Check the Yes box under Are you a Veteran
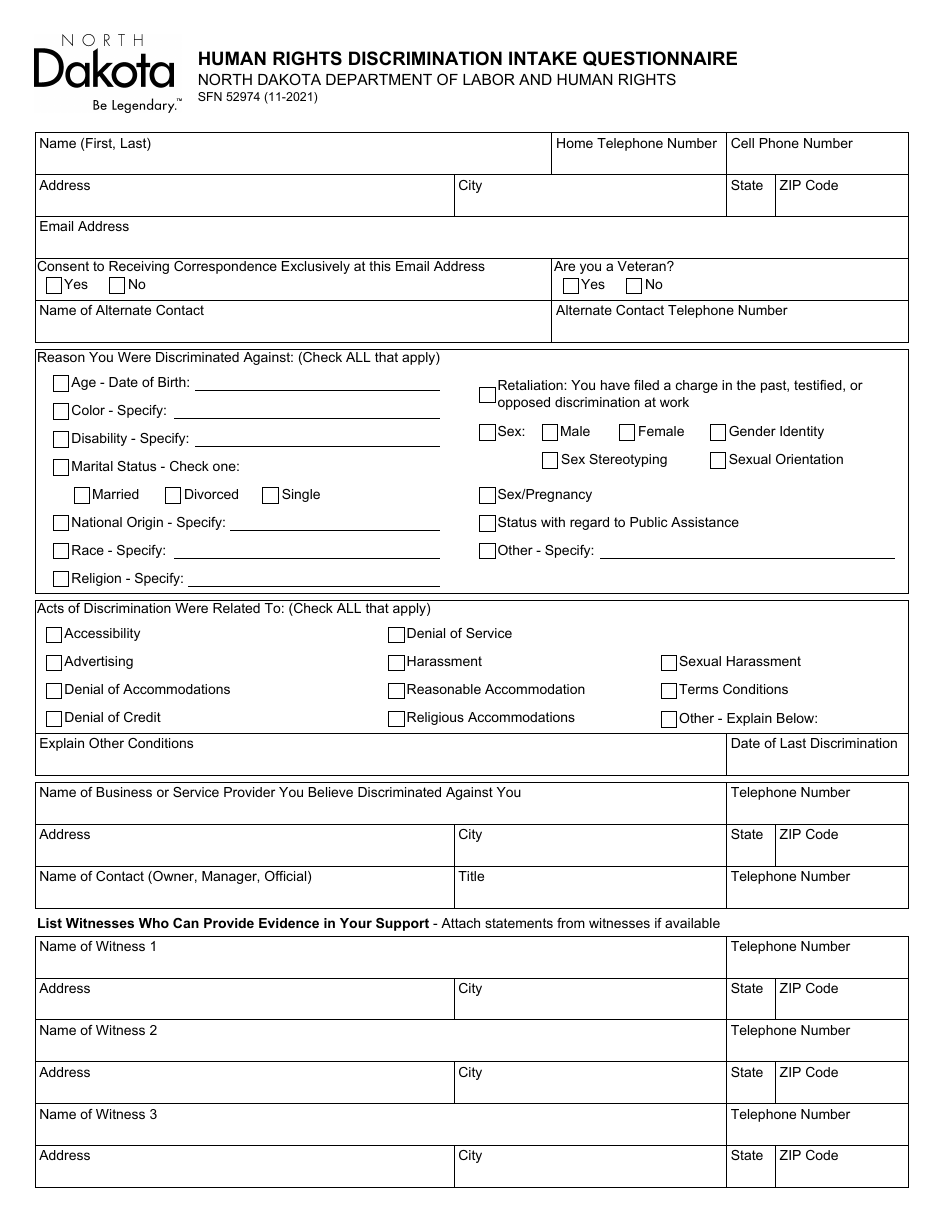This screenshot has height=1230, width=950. (571, 286)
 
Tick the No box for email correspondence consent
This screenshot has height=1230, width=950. (116, 286)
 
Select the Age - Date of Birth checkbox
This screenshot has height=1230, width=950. (61, 383)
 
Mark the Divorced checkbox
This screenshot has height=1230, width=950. (173, 495)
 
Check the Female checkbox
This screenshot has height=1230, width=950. (627, 433)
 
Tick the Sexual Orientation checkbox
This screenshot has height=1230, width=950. (718, 461)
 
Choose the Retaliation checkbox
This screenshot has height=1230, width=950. (487, 394)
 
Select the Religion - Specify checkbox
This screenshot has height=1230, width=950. (61, 579)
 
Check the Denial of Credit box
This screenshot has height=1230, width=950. (54, 719)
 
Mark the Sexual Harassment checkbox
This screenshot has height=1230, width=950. (669, 663)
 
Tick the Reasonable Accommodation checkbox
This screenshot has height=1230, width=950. (396, 691)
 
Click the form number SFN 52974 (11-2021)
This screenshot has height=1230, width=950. (257, 98)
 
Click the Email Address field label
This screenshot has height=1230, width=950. (84, 227)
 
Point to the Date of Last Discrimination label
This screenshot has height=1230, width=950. (814, 744)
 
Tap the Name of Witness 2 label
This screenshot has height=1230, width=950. (98, 1031)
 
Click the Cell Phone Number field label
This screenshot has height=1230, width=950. (791, 144)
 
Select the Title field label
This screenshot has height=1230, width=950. (471, 877)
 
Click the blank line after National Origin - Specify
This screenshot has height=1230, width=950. (335, 524)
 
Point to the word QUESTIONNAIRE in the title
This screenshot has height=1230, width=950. (654, 59)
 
